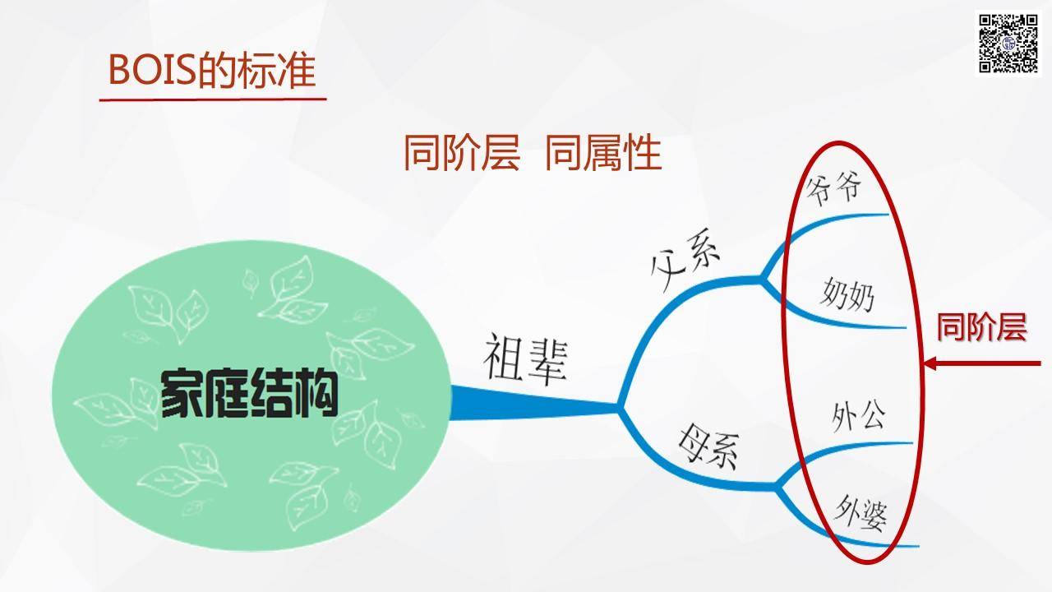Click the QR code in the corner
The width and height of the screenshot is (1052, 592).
[1008, 44]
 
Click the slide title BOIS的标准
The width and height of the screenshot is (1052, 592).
[212, 71]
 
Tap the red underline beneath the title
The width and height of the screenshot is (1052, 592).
[213, 99]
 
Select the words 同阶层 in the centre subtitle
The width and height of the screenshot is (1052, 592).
[462, 153]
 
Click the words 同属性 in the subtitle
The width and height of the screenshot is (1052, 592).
[603, 153]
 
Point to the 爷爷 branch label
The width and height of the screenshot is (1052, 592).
[834, 188]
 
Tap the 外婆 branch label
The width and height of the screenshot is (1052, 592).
[861, 514]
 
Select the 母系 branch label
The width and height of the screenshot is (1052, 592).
[709, 446]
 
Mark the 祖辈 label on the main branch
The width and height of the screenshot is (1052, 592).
[526, 359]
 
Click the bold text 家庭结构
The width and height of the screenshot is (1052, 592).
[249, 394]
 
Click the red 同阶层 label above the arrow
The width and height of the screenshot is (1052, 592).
[981, 327]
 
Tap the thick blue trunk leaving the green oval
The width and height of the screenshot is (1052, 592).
[534, 404]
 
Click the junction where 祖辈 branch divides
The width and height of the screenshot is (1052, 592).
[620, 407]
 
